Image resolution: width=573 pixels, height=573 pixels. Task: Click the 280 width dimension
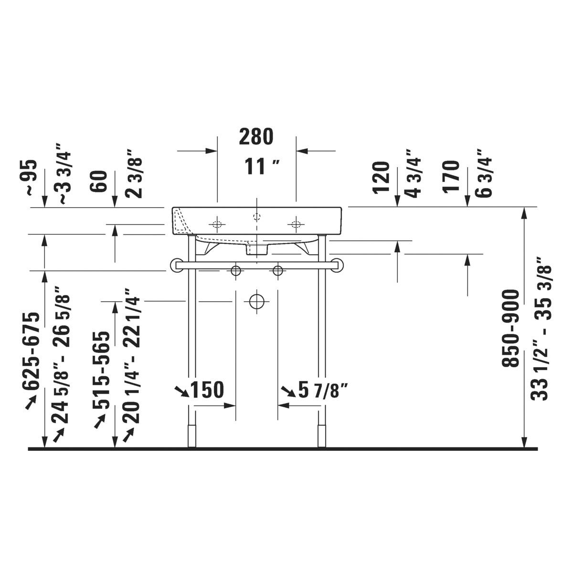pos(256,137)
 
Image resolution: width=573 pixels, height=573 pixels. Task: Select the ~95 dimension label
pos(31,178)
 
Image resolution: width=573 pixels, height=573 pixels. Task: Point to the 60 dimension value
pos(99,181)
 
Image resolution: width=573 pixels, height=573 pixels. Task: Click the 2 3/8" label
pos(134,174)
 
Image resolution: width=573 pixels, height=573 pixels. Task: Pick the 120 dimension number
pos(382,178)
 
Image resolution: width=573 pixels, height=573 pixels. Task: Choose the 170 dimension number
pos(451,177)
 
